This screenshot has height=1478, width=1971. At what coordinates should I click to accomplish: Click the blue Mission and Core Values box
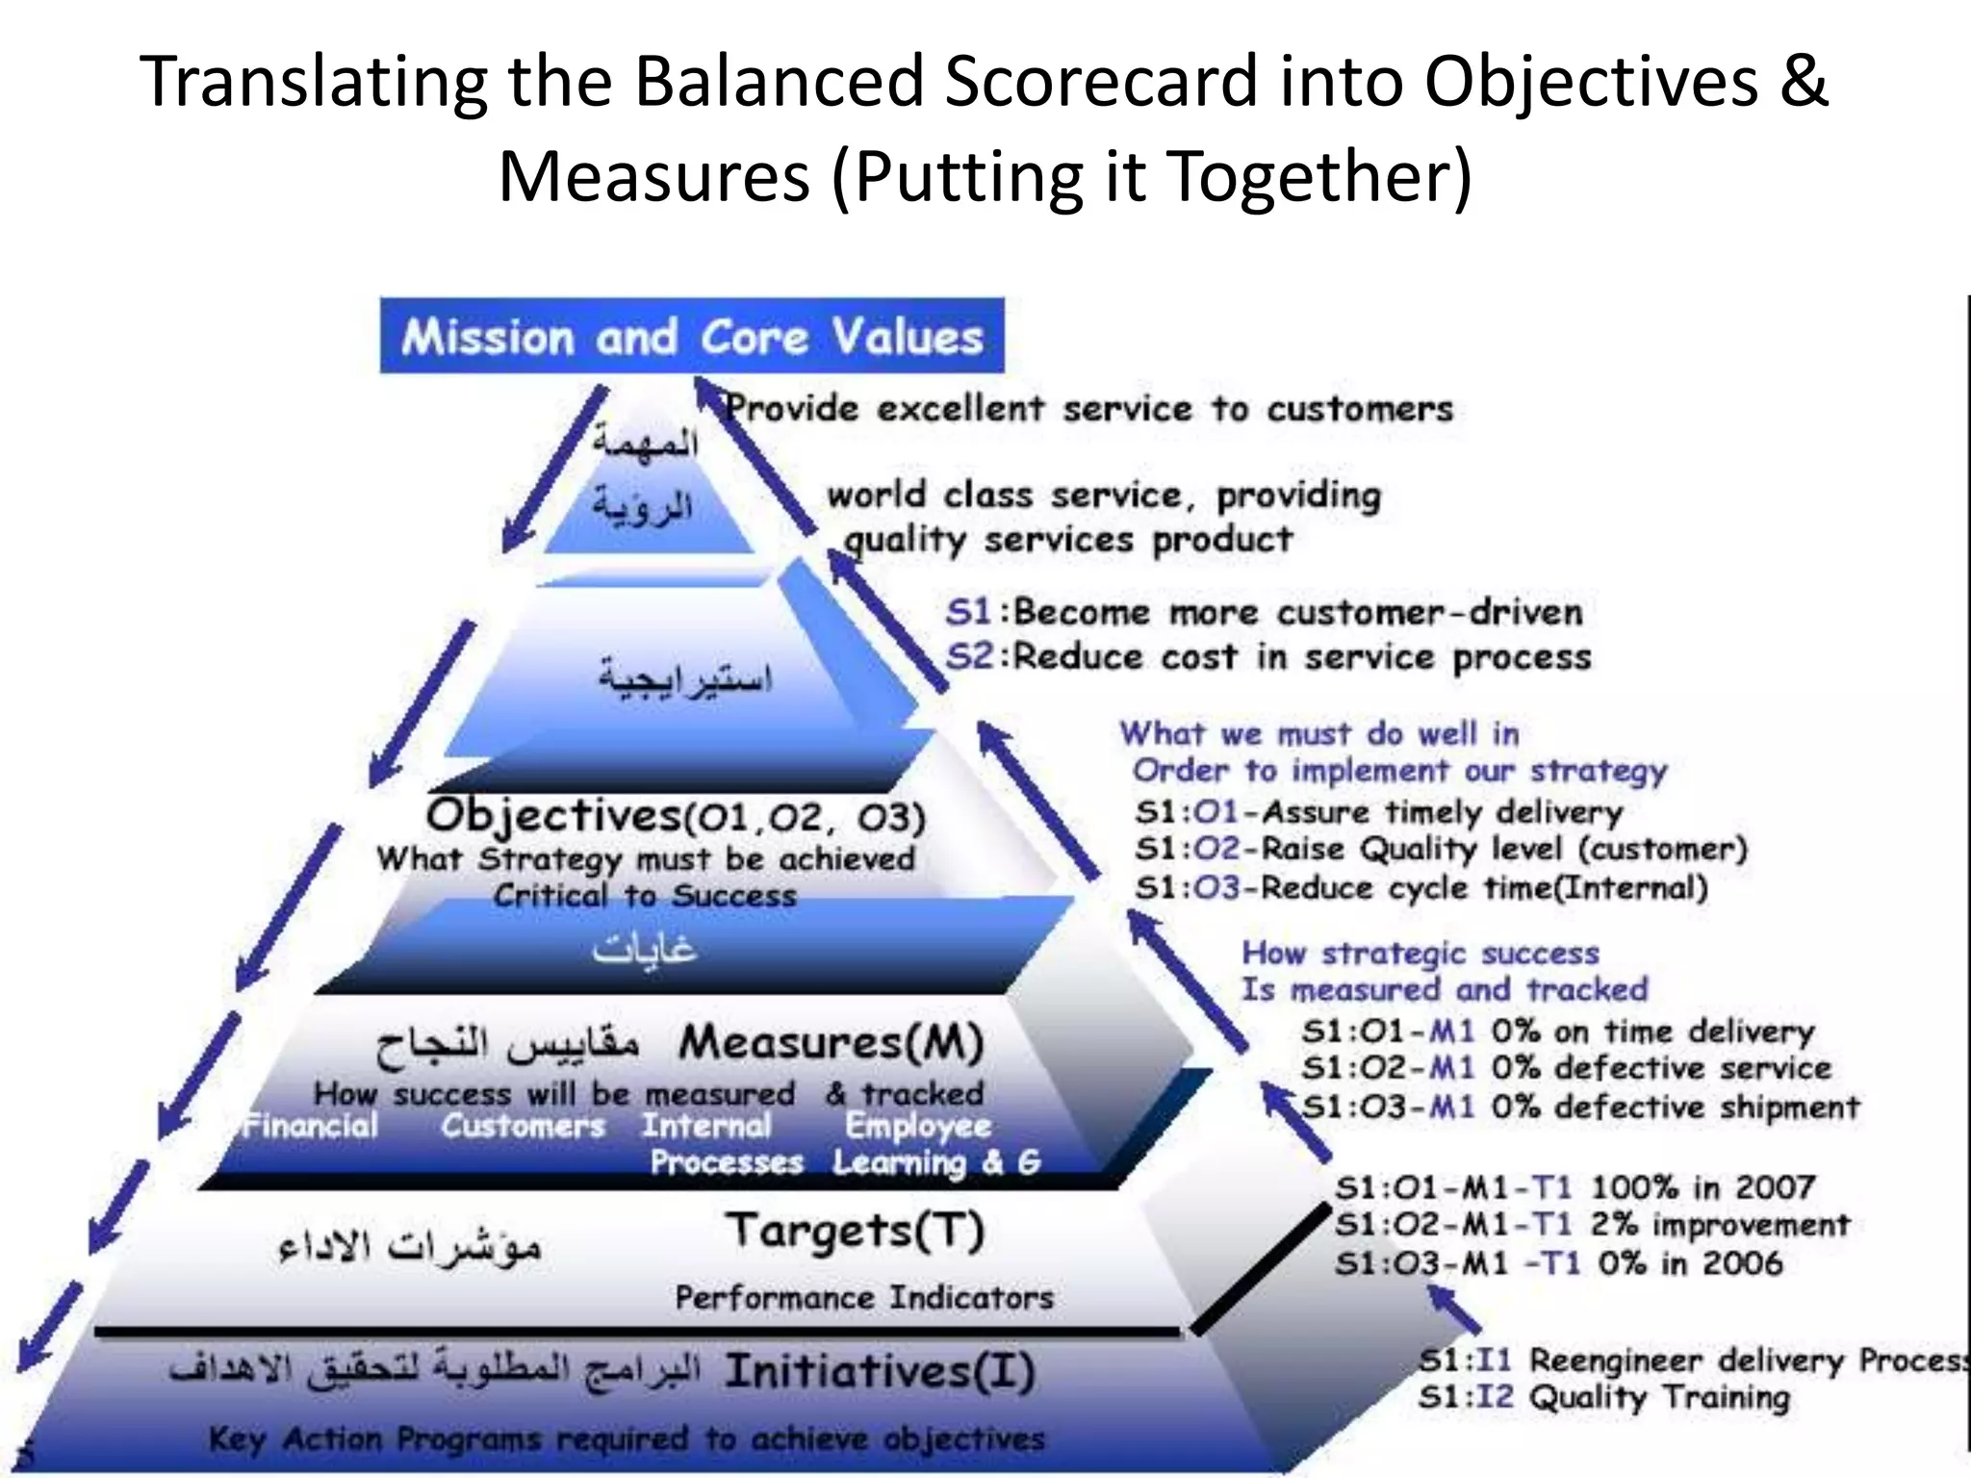(692, 336)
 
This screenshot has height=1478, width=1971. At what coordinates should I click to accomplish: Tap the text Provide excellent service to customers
(1088, 409)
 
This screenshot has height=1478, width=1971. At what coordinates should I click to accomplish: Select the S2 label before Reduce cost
(968, 657)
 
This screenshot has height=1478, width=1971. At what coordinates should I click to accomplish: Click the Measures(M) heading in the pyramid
(831, 1042)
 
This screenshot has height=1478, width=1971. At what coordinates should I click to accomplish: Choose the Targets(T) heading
(855, 1231)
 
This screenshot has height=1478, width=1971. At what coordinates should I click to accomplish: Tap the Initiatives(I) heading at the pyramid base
(879, 1371)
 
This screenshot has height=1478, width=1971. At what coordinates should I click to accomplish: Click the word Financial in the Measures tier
(310, 1126)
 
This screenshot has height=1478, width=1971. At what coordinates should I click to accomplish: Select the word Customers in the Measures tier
(523, 1126)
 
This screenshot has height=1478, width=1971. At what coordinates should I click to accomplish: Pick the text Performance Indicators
(863, 1298)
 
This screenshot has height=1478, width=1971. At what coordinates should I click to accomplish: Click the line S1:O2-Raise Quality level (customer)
(1440, 850)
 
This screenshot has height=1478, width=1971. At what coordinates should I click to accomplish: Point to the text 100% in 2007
(1702, 1187)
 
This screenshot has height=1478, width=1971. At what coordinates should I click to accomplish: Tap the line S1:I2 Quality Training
(1603, 1397)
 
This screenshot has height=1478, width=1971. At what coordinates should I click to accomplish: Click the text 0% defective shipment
(1675, 1108)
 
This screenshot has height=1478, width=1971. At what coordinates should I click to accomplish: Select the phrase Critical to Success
(645, 896)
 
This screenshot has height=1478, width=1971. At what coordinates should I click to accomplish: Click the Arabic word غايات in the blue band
(644, 951)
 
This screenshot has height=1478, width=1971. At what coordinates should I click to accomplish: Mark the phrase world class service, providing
(1104, 496)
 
